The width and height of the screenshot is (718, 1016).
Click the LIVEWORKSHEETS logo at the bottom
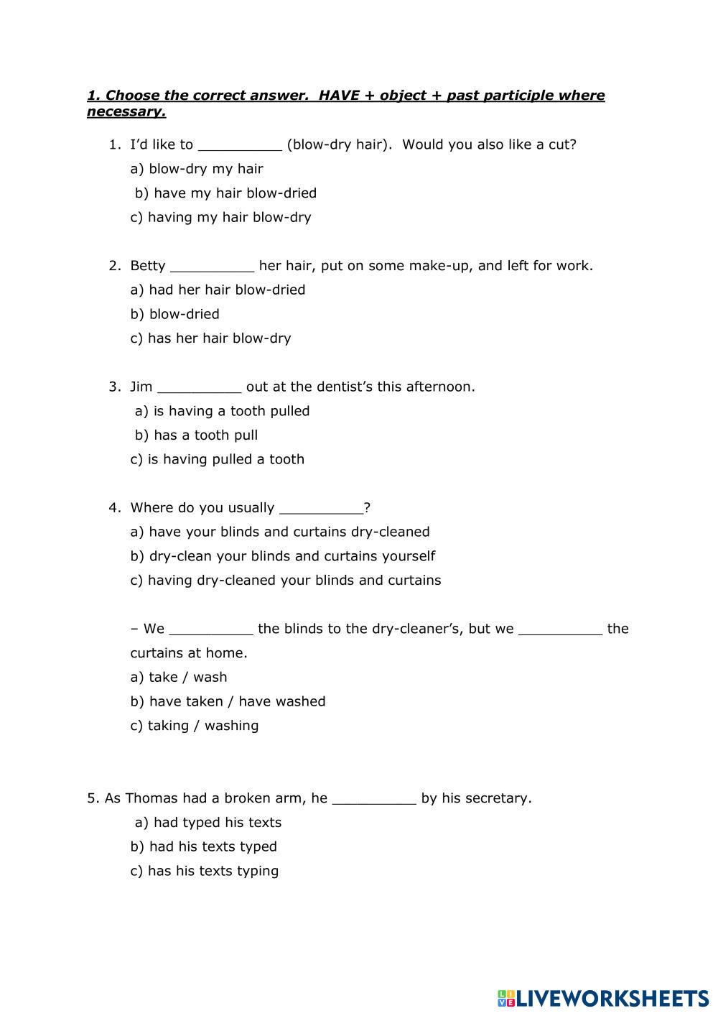[602, 998]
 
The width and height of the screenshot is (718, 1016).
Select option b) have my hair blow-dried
[225, 193]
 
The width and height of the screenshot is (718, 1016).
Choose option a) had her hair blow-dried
[218, 290]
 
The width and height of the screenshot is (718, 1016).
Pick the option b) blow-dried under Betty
[174, 314]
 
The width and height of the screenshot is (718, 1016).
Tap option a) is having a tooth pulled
[222, 411]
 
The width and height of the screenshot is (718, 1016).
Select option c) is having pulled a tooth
[217, 459]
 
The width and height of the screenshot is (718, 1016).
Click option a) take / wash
[178, 677]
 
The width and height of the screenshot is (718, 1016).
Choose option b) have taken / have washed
[228, 701]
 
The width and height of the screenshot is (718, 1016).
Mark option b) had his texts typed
[203, 846]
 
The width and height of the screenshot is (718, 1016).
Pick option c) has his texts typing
[204, 871]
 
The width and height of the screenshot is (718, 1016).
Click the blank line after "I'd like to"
[240, 146]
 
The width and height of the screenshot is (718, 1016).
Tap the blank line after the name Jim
[199, 388]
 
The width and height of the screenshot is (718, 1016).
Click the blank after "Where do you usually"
[321, 509]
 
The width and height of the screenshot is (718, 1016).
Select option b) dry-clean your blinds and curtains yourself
[282, 556]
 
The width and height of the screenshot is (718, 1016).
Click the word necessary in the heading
[126, 111]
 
